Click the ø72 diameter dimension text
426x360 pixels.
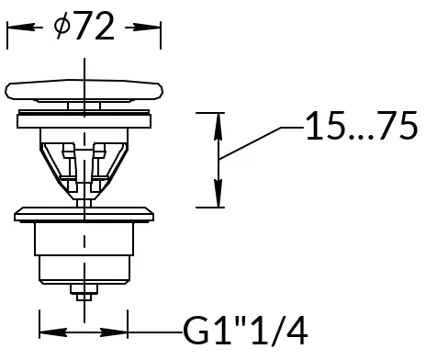click(84, 26)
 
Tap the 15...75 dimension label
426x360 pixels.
click(362, 126)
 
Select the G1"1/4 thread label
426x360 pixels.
click(245, 331)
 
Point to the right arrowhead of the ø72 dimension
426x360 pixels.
click(147, 28)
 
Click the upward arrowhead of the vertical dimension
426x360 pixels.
click(218, 127)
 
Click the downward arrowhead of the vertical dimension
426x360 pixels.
click(218, 194)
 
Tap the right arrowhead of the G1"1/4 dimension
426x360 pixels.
click(114, 332)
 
